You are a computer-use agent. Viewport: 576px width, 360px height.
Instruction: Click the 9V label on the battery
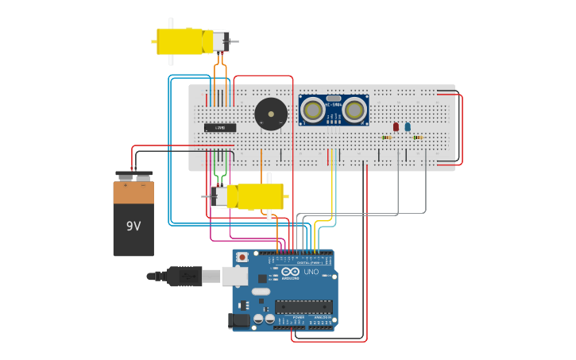coord(133,226)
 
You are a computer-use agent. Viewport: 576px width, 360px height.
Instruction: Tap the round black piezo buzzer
coord(271,114)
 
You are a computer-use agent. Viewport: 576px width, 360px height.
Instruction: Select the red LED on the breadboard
coord(396,126)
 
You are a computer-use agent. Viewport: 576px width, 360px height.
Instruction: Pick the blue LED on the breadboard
coord(408,126)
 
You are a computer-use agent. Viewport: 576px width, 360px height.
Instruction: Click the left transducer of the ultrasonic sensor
coord(312,110)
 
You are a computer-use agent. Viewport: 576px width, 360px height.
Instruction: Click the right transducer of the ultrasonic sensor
coord(354,110)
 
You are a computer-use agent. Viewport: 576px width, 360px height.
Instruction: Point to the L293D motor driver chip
coord(220,127)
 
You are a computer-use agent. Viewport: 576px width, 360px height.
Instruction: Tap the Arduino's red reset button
coord(242,257)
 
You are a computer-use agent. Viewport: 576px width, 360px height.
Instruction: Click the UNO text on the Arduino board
coord(311,272)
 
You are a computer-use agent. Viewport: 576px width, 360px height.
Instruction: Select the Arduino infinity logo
coord(289,271)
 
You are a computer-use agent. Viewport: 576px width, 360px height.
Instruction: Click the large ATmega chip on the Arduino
coord(303,307)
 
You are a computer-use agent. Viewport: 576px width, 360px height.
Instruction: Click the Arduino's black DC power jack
coord(238,320)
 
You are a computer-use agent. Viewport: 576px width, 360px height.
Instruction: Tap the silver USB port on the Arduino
coord(235,276)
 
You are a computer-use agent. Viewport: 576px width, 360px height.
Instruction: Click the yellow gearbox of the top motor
coord(179,41)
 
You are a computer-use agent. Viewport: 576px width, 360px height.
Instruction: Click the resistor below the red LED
coord(386,137)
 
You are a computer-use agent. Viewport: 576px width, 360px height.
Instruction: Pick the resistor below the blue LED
coord(417,137)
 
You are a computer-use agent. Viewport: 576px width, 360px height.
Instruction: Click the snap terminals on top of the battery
coord(133,176)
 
